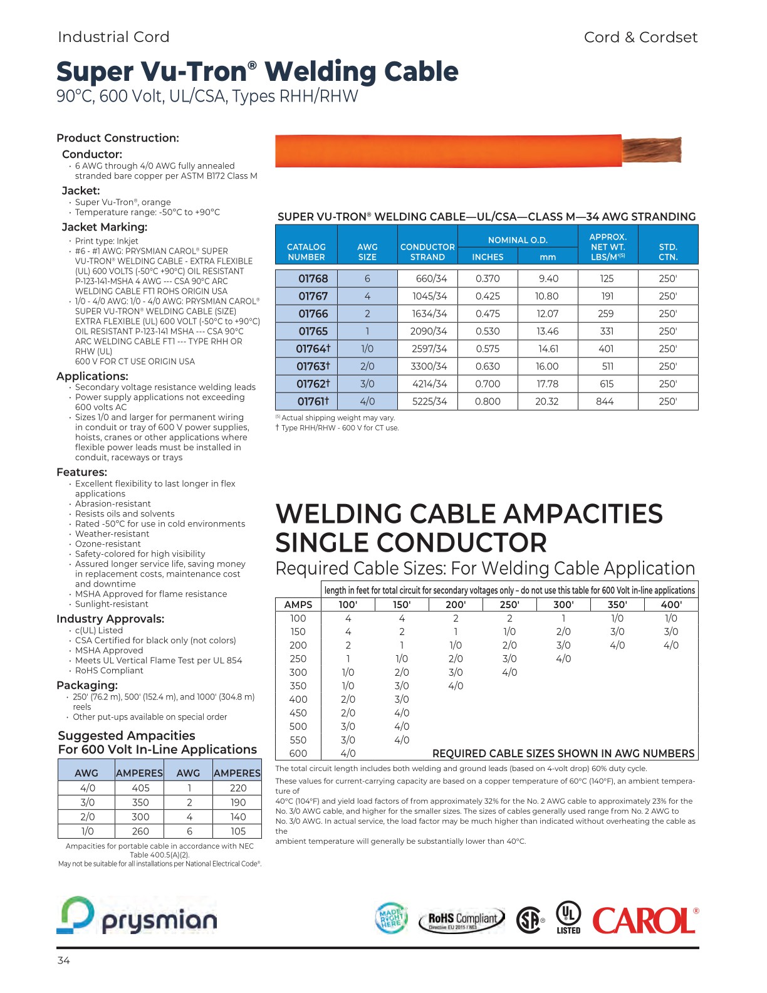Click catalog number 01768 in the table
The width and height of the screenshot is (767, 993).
point(313,278)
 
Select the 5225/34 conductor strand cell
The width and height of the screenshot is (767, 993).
point(429,401)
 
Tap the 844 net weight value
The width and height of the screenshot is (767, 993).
point(605,401)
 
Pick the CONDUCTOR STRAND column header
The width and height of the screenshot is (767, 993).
point(427,251)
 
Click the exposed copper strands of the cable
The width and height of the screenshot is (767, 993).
point(652,150)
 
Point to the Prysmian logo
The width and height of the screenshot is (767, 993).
point(137,917)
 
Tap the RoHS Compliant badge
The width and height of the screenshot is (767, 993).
point(462,920)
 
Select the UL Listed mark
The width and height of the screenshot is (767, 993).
point(568,917)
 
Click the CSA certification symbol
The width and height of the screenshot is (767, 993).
point(530,920)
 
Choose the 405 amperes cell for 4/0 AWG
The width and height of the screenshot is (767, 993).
point(140,788)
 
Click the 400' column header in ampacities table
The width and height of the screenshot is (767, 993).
point(670,604)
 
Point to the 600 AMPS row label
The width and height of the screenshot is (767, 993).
point(298,754)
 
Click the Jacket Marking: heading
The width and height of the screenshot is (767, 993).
point(105,227)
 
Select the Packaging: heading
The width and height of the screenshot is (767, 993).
point(87,685)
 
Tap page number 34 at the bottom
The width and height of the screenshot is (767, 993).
point(63,960)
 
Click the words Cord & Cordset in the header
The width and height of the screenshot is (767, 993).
point(640,37)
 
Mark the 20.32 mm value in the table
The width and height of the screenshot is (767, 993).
point(546,401)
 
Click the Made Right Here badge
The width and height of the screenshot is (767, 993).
point(390,919)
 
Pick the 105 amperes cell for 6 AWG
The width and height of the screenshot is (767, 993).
point(237,831)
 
